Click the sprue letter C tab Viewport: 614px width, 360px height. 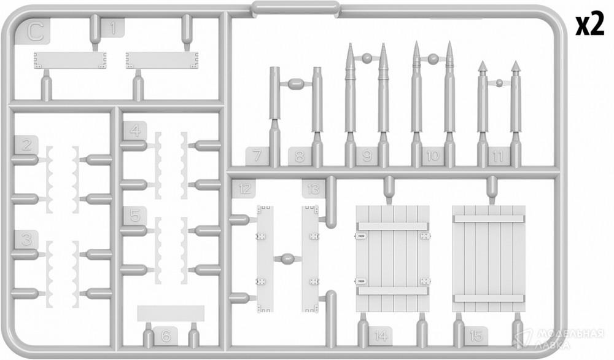pos(35,32)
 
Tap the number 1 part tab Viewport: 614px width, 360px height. pos(113,28)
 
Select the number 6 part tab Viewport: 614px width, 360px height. pos(166,336)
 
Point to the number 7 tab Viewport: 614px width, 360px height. pos(257,156)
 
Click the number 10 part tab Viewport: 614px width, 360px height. pos(433,156)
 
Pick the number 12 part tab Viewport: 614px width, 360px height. pos(244,189)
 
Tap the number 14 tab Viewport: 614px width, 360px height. pos(381,336)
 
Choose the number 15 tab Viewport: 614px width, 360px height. pos(476,336)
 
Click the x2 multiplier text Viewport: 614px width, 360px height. pos(589,26)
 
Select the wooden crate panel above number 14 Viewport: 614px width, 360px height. pos(393,259)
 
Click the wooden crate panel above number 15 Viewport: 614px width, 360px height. pos(489,259)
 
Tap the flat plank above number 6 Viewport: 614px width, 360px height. pos(171,313)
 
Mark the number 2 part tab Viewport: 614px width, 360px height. pos(26,145)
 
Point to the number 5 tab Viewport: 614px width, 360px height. pos(134,216)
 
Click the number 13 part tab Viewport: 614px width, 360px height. pos(314,189)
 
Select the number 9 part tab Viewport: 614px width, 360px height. pos(367,156)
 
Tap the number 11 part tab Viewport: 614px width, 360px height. pos(498,156)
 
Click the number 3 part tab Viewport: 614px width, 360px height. pos(26,240)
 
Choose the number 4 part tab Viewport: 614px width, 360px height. pos(134,131)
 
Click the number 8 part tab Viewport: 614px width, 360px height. pos(300,156)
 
